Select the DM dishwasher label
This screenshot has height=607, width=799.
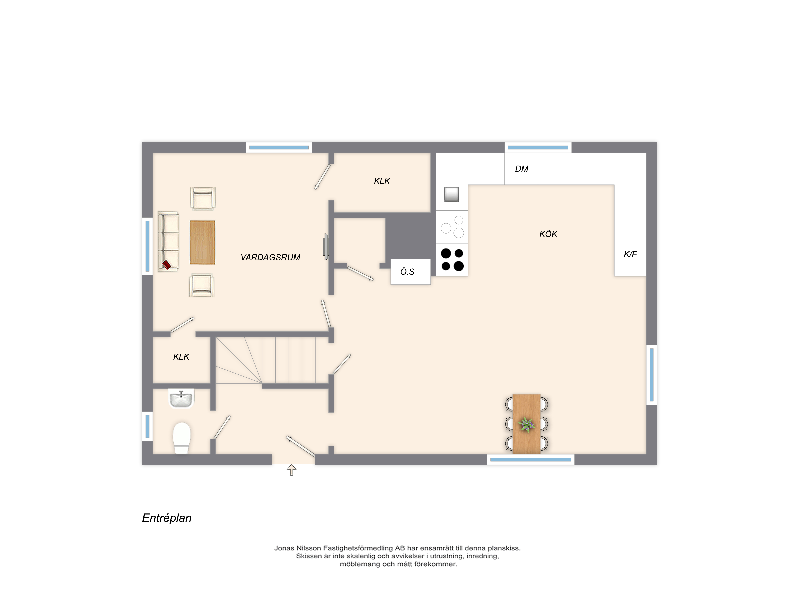point(522,169)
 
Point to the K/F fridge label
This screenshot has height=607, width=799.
point(630,254)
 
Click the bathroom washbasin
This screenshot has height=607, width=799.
point(181,398)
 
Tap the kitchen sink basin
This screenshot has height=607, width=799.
point(451,194)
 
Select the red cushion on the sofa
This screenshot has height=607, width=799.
point(166,265)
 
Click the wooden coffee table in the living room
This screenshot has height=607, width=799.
point(203,242)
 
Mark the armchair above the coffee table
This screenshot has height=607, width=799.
point(203,198)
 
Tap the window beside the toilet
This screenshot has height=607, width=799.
point(147,426)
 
